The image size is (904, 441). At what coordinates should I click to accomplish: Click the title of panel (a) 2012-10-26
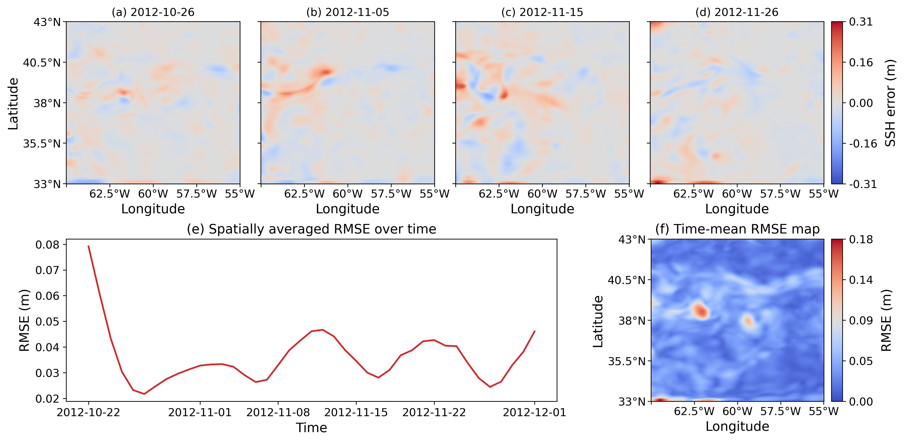[153, 12]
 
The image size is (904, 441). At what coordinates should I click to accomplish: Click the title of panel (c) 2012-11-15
[542, 12]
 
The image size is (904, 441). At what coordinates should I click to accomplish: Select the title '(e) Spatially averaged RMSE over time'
[312, 229]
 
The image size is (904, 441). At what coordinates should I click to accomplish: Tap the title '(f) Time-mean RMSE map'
[737, 229]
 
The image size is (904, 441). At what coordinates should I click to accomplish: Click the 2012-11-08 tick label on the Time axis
[278, 412]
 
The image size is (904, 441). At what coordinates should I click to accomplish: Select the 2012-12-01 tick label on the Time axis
[535, 412]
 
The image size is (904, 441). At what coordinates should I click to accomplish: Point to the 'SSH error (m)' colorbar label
[890, 103]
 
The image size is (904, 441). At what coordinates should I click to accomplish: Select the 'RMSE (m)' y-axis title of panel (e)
[24, 320]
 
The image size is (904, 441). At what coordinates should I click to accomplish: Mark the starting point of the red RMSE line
[89, 246]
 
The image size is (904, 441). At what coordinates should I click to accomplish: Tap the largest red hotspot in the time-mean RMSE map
[700, 311]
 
